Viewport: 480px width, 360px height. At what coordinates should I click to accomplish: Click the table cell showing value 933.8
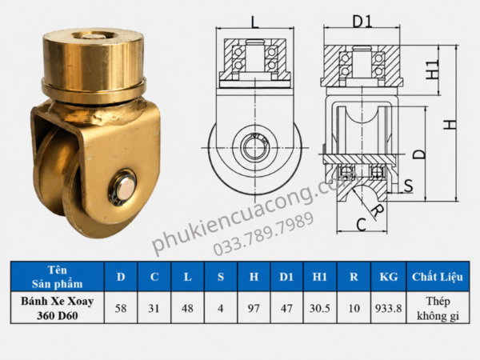click(389, 308)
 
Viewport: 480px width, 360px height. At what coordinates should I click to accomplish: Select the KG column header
click(389, 277)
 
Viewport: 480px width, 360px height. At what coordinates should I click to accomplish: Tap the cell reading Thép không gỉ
click(438, 308)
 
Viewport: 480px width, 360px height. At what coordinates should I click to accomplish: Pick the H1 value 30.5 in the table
click(319, 308)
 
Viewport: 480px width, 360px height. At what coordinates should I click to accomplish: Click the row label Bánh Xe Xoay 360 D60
click(58, 308)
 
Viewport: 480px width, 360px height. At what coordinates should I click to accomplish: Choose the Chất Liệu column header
click(438, 277)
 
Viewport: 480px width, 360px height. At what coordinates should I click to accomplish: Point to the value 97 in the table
click(254, 308)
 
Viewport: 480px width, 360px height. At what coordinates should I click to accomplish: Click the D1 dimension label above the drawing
click(362, 22)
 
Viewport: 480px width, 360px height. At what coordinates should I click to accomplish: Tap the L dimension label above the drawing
click(254, 22)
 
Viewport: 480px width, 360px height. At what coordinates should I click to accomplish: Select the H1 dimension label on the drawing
click(433, 69)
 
